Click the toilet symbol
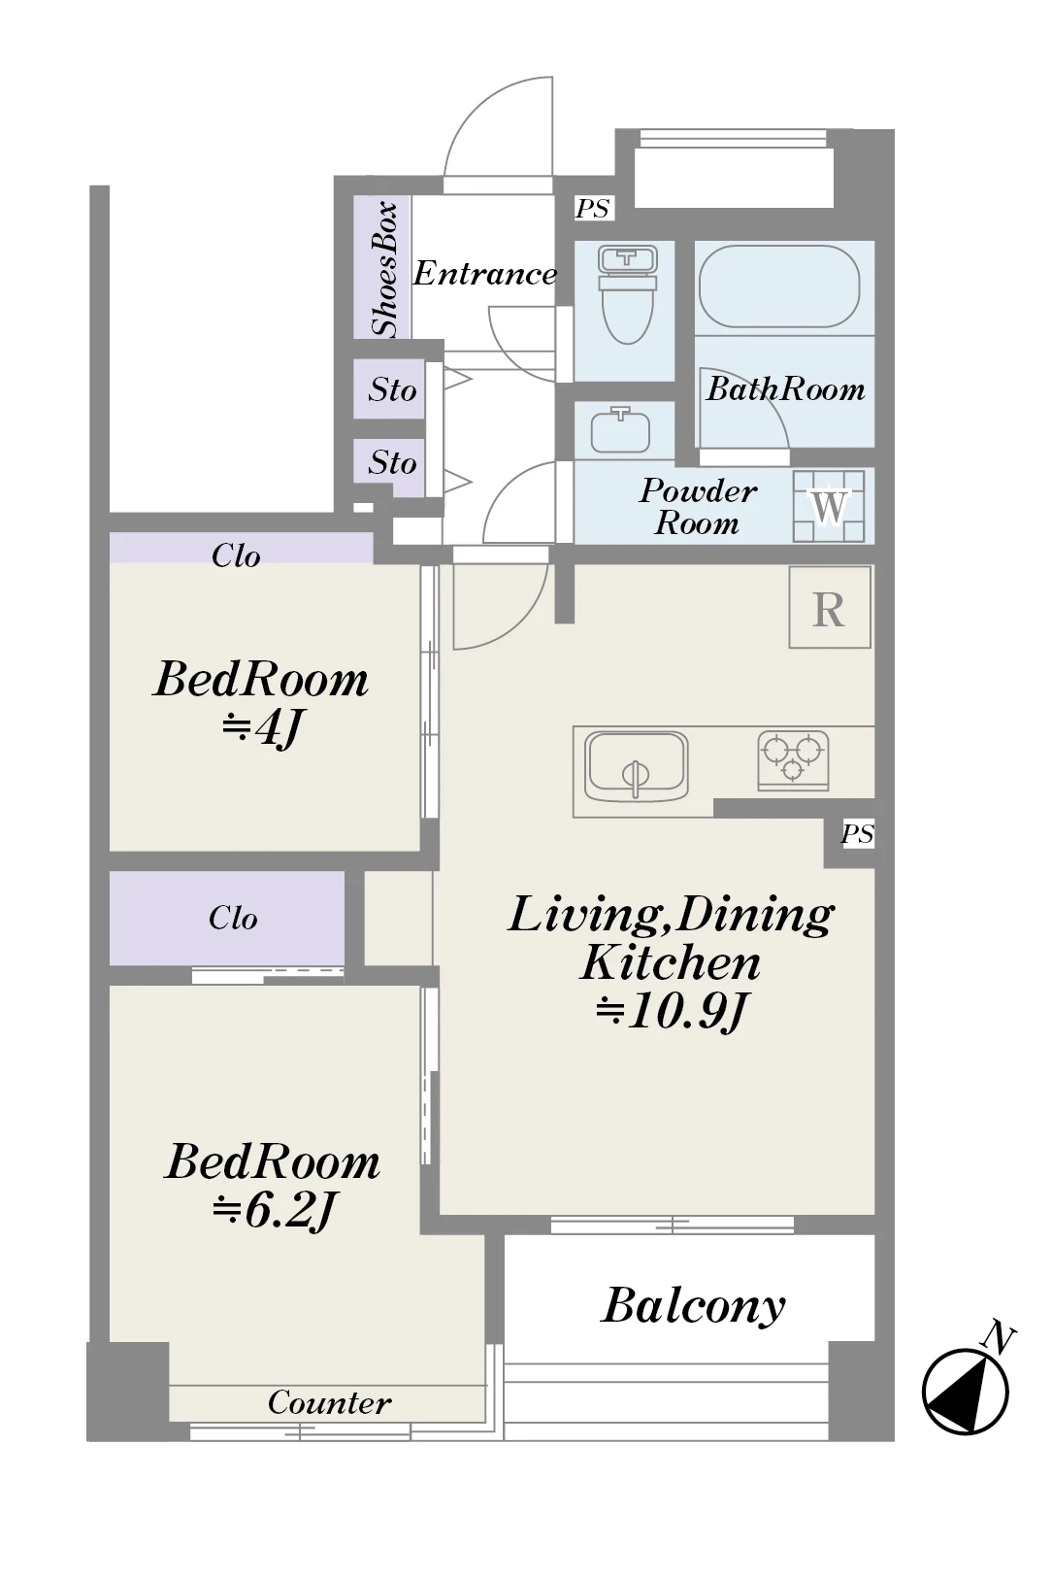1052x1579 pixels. pyautogui.click(x=626, y=293)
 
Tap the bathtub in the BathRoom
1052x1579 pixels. pyautogui.click(x=778, y=286)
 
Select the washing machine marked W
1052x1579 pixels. pyautogui.click(x=829, y=506)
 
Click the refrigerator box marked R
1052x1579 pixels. pyautogui.click(x=830, y=607)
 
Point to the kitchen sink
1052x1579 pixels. pyautogui.click(x=637, y=766)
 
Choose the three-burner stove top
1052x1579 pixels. pyautogui.click(x=793, y=760)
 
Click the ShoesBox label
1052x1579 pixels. pyautogui.click(x=385, y=269)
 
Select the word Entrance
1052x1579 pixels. pyautogui.click(x=485, y=274)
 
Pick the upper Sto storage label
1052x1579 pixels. pyautogui.click(x=392, y=389)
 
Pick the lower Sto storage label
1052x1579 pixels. pyautogui.click(x=392, y=462)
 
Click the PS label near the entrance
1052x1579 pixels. pyautogui.click(x=592, y=208)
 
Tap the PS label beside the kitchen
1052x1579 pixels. pyautogui.click(x=858, y=834)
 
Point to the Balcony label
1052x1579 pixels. pyautogui.click(x=693, y=1305)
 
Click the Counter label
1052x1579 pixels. pyautogui.click(x=329, y=1403)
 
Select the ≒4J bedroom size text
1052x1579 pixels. pyautogui.click(x=261, y=729)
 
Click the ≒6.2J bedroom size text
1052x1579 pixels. pyautogui.click(x=273, y=1212)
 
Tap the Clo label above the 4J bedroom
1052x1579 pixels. pyautogui.click(x=236, y=555)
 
